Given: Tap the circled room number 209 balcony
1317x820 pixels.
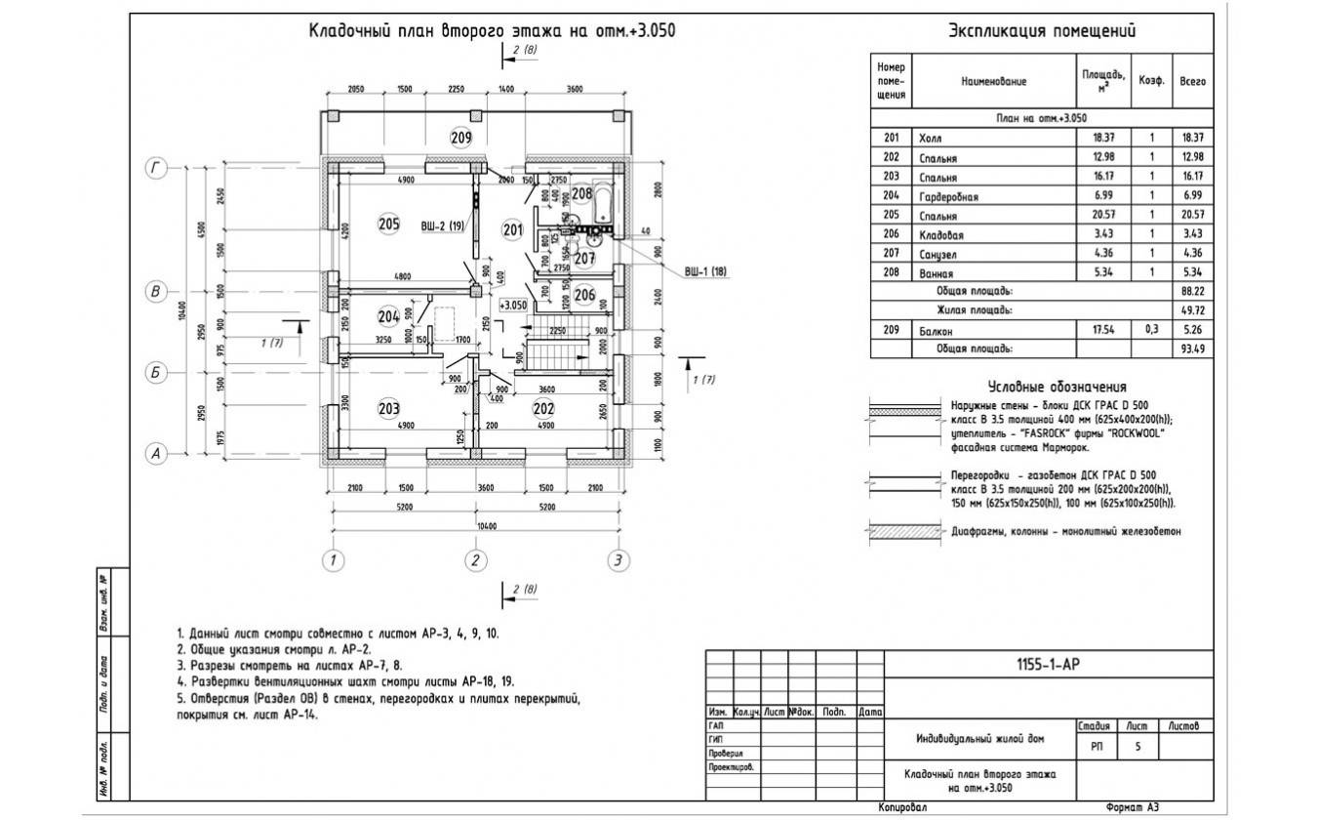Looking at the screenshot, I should coord(460,137).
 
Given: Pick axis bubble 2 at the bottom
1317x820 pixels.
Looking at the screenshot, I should coord(475,560).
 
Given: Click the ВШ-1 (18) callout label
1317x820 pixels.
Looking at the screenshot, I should coord(705,271).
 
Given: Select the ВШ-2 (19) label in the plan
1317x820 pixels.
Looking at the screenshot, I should coord(441,225).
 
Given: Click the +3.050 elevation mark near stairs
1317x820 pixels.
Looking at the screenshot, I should coord(513,305).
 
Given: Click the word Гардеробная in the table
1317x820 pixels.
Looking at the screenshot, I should coord(948,197).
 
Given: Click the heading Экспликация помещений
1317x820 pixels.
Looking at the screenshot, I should coord(1042,32).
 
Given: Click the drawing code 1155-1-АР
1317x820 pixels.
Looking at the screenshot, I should coord(1048,665).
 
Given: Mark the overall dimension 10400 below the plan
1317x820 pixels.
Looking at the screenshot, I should coord(475,526).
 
